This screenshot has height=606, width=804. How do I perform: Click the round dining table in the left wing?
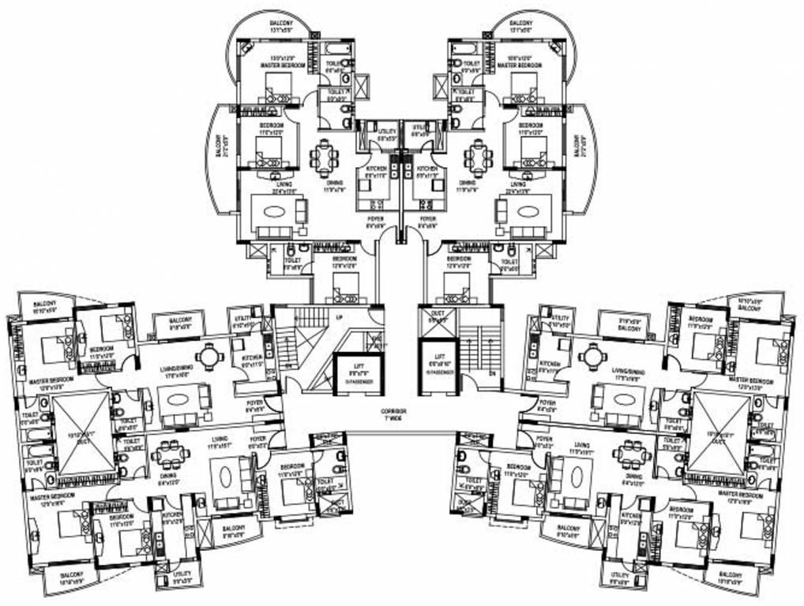pos(209,357)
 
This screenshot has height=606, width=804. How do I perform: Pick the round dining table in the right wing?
pos(592,357)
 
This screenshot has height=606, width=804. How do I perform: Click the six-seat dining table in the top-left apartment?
pos(324,156)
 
